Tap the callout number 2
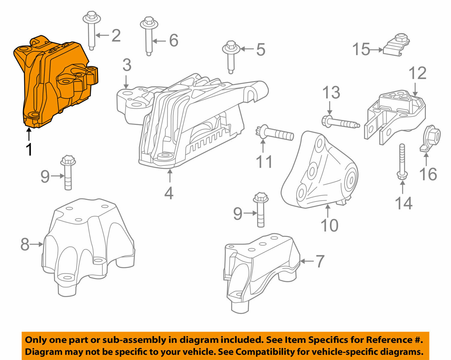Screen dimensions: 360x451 pos(116,35)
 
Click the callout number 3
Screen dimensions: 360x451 pos(127,65)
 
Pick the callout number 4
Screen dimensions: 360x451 pos(169,193)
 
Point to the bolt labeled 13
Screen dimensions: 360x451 pos(340,123)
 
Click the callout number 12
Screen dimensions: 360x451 pos(418,73)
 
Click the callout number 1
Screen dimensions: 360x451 pos(29,149)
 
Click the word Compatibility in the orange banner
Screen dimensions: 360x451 pos(262,351)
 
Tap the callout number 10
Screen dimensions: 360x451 pos(330,225)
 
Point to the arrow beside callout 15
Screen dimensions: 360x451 pos(377,50)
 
